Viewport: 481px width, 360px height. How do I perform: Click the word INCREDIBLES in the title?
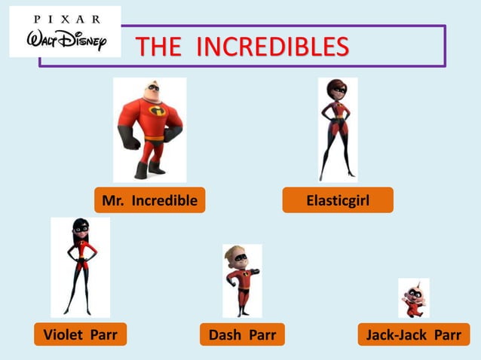(272, 47)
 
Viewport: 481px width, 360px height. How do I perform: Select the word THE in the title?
(158, 47)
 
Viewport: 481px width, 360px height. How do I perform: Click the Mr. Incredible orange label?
(149, 200)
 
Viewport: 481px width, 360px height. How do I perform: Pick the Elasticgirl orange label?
(338, 200)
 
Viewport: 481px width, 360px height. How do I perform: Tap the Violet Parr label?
(80, 334)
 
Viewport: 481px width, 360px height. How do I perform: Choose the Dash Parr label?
(242, 334)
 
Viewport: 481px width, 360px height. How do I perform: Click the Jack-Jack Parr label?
(413, 334)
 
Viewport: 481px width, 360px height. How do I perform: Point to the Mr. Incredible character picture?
(149, 130)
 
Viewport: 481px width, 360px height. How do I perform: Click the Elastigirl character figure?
(337, 130)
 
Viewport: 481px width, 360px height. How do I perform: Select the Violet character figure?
(80, 267)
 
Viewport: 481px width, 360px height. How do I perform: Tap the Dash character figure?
(241, 280)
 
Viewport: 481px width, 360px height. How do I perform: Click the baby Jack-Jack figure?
(414, 299)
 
